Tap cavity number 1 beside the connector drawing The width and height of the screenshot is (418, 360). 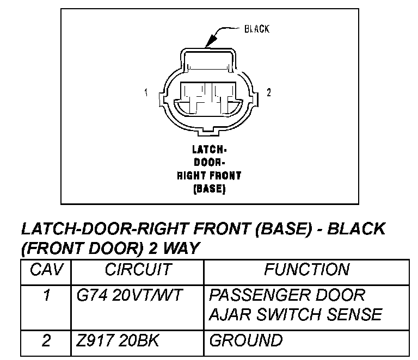click(x=146, y=93)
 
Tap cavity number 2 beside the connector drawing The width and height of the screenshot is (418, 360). click(x=268, y=93)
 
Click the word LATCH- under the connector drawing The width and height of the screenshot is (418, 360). click(x=209, y=149)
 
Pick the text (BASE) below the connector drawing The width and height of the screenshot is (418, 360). click(x=209, y=189)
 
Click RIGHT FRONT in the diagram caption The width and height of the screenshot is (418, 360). click(x=209, y=176)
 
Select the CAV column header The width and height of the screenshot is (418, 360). click(x=46, y=270)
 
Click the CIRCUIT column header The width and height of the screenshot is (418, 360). click(x=138, y=270)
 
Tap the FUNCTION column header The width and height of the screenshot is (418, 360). click(x=306, y=270)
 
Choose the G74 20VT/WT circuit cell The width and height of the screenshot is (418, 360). click(x=130, y=296)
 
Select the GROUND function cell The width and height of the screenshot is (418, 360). click(x=246, y=341)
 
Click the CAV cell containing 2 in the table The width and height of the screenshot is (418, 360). click(x=46, y=341)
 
